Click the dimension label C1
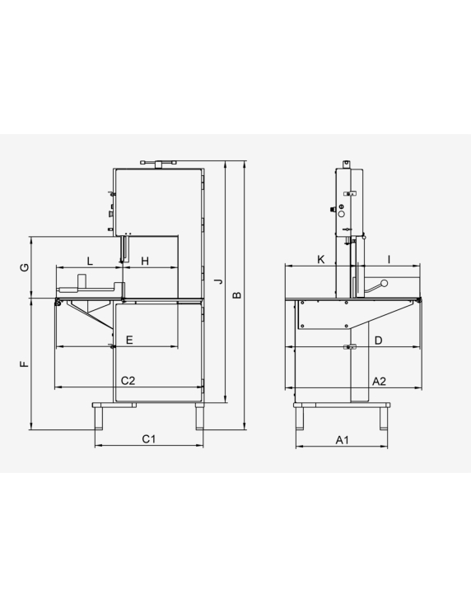149,439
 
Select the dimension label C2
128,381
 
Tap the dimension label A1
343,440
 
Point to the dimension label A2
379,382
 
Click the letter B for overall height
237,295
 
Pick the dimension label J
219,281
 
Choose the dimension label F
25,364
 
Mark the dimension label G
25,267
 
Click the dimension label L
90,261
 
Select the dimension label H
145,262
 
